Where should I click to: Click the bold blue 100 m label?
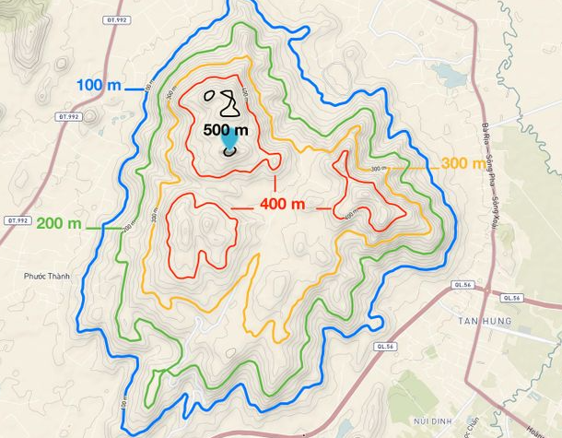(x=100, y=86)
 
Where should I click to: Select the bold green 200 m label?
(x=58, y=224)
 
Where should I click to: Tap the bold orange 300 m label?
(x=462, y=164)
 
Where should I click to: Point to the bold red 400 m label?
(x=284, y=204)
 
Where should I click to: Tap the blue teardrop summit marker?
(x=228, y=141)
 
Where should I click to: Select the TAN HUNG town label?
(x=482, y=320)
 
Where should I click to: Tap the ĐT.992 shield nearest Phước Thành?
(x=18, y=221)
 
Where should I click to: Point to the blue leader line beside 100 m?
(x=135, y=89)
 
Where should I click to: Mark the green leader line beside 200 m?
(x=104, y=227)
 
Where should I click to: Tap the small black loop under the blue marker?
(x=229, y=151)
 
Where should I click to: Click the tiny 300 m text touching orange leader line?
(x=378, y=169)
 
